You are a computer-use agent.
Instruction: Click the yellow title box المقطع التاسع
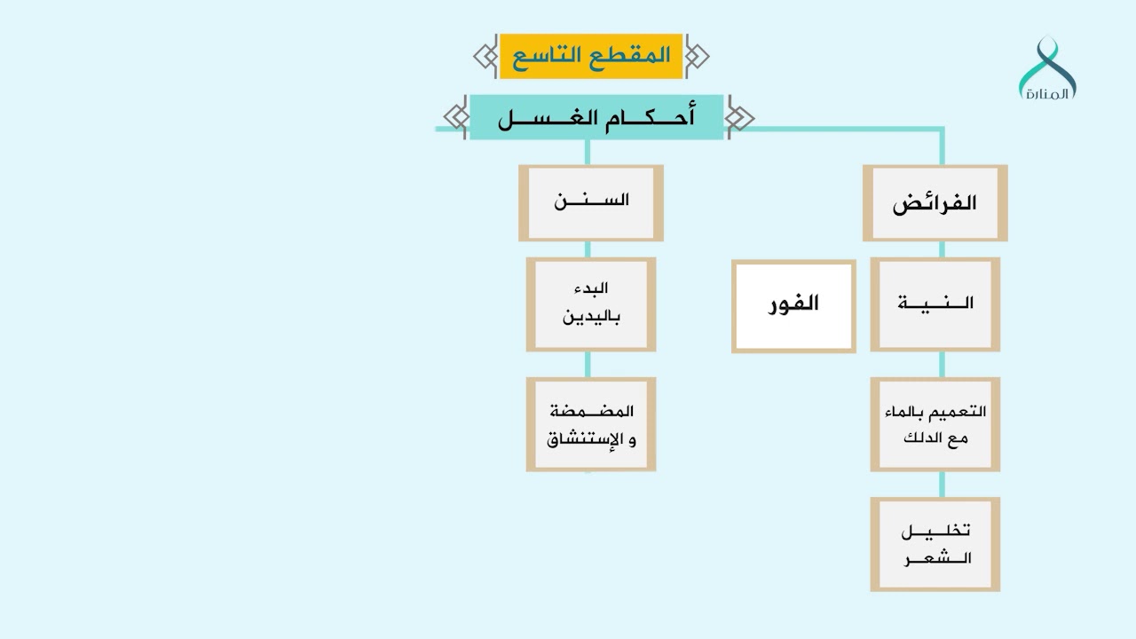pyautogui.click(x=590, y=56)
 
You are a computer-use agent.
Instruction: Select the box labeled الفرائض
pyautogui.click(x=935, y=202)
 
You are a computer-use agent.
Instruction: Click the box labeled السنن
pyautogui.click(x=590, y=202)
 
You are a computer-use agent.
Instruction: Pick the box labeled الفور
pyautogui.click(x=793, y=305)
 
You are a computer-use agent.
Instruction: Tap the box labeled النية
pyautogui.click(x=935, y=304)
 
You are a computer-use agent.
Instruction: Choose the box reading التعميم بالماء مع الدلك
pyautogui.click(x=935, y=424)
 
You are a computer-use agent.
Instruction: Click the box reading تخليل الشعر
pyautogui.click(x=935, y=544)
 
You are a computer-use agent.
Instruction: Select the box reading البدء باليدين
pyautogui.click(x=590, y=304)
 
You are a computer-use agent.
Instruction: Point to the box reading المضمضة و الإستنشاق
pyautogui.click(x=590, y=424)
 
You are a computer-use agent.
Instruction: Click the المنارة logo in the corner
pyautogui.click(x=1047, y=69)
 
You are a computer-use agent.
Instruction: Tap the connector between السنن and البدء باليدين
pyautogui.click(x=587, y=249)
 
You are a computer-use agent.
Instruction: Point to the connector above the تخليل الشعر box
pyautogui.click(x=942, y=484)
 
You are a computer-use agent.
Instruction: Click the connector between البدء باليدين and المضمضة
pyautogui.click(x=587, y=364)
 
